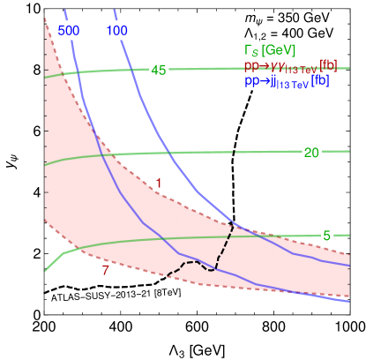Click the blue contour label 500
click(70, 30)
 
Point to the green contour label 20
click(310, 153)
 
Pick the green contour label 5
click(326, 236)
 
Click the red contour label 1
click(158, 183)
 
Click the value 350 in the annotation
click(285, 18)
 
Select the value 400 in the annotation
click(285, 34)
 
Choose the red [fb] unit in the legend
click(328, 65)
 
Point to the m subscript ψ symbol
click(252, 19)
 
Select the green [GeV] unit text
click(280, 49)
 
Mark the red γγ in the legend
click(275, 65)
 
